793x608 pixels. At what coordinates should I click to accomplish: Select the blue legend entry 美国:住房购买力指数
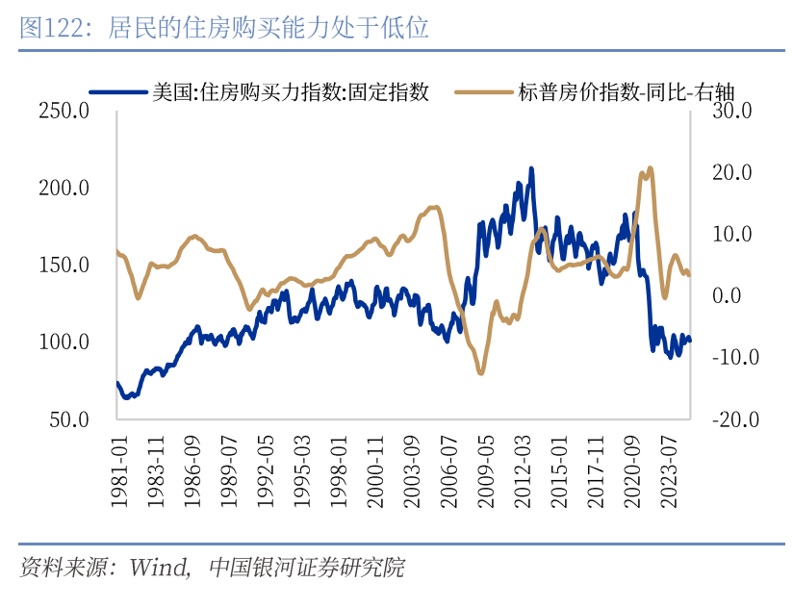point(289,92)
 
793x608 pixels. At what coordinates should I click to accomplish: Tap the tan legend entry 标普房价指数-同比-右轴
point(627,92)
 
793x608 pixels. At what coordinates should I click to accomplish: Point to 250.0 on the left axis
point(64,112)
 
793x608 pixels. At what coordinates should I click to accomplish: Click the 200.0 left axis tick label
point(64,189)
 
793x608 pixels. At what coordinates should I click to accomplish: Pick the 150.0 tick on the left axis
point(64,266)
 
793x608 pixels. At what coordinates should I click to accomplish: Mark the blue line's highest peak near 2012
point(531,169)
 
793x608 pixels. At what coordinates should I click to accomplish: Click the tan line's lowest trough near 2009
point(480,372)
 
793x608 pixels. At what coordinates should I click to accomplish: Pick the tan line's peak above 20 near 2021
point(650,168)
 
